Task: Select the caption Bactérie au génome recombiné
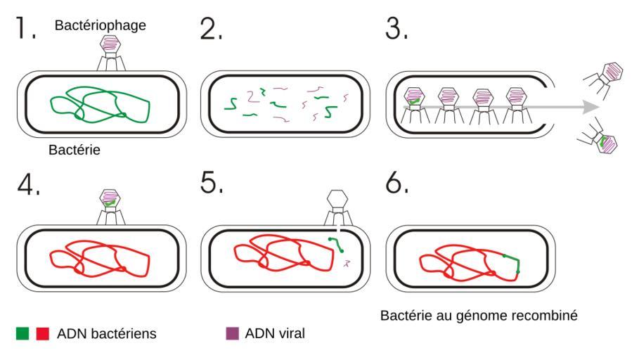point(479,315)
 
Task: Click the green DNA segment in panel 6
point(512,261)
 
